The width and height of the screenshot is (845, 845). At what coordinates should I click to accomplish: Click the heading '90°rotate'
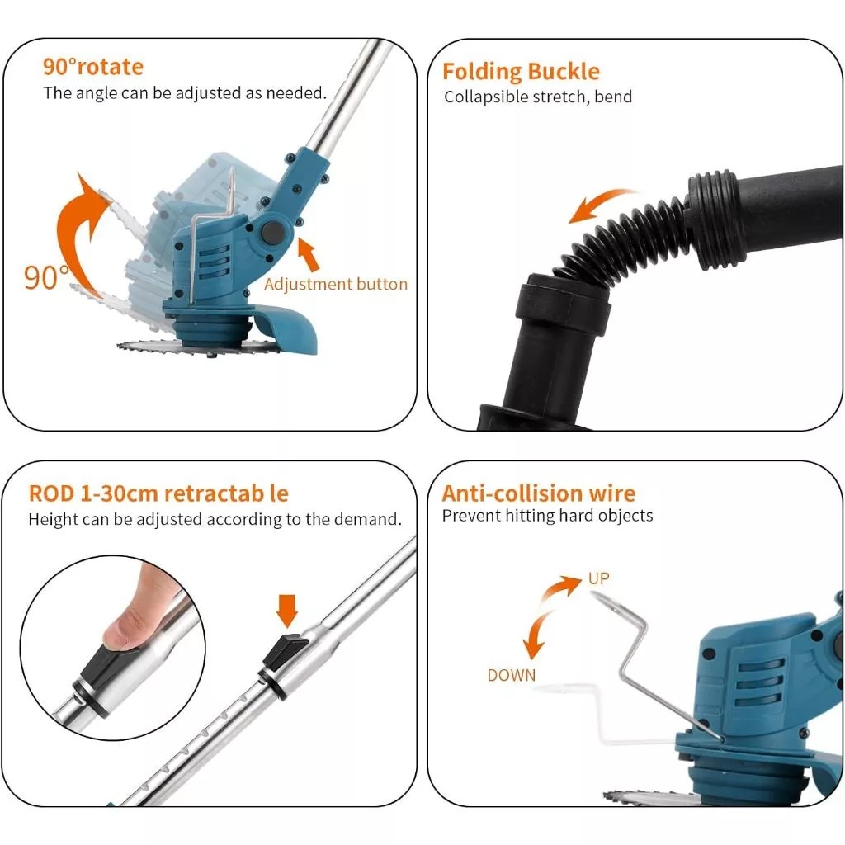(x=92, y=67)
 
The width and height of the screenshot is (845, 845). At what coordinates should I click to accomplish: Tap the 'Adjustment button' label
(x=336, y=284)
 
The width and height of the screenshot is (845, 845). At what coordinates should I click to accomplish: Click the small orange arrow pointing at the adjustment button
(x=309, y=254)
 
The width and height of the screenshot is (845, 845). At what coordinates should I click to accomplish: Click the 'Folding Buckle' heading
(x=521, y=72)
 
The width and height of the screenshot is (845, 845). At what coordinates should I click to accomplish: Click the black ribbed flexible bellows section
(x=627, y=239)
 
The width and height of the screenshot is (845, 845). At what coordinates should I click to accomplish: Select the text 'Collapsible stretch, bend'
(x=538, y=97)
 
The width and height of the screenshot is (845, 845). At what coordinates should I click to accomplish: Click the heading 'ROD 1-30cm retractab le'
(x=158, y=493)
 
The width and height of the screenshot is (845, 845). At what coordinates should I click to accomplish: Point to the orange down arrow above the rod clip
(x=287, y=612)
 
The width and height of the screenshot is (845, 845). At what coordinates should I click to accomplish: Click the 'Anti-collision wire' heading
(x=538, y=493)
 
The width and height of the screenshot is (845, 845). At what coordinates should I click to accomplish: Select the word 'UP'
(x=598, y=578)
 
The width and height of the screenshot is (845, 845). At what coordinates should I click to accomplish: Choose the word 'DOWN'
(x=511, y=675)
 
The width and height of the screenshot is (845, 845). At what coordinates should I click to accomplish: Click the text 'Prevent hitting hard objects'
(x=547, y=516)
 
